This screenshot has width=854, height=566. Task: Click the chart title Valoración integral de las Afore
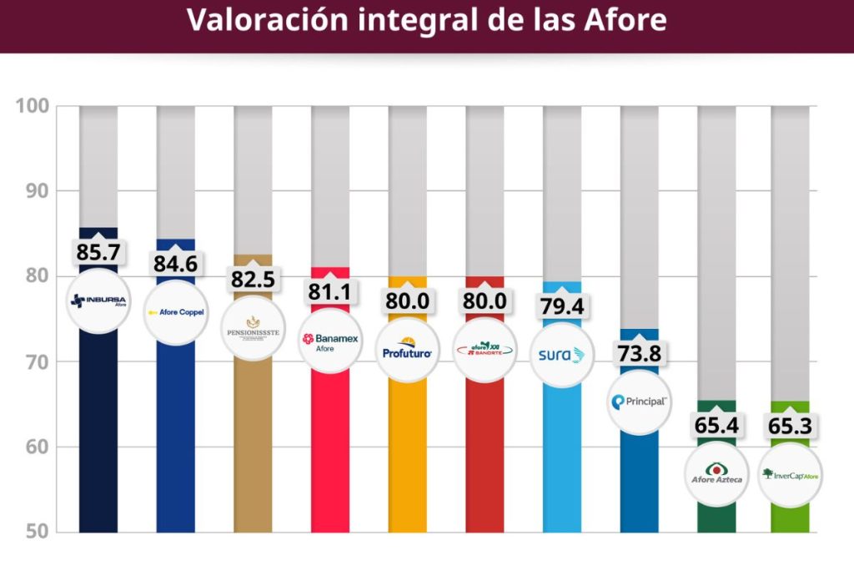pos(426,20)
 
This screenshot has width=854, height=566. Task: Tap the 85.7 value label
pos(98,252)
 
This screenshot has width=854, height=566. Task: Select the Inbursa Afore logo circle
pos(98,301)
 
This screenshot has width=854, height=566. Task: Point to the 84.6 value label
pos(175,264)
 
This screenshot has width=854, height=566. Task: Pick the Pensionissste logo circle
pos(253,328)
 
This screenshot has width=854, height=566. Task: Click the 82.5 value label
pos(253,279)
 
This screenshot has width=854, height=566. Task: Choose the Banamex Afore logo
pos(330,341)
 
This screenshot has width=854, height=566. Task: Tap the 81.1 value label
pos(330,292)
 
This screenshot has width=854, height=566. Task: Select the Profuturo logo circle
pos(408,351)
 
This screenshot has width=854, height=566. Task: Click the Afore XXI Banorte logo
pos(485,351)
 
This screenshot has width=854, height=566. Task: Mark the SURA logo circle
pos(562,355)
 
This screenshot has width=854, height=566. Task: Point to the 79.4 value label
pos(562,306)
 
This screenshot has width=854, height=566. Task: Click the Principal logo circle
pos(639,402)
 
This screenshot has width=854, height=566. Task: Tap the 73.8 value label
pos(639,353)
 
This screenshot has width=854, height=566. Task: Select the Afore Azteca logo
pos(716,474)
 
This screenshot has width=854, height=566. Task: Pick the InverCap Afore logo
pos(790,475)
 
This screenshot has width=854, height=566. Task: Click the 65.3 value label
pos(790,426)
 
